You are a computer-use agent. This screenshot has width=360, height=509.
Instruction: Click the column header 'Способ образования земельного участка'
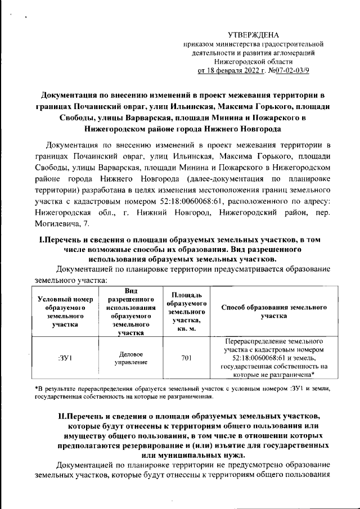pyautogui.click(x=274, y=312)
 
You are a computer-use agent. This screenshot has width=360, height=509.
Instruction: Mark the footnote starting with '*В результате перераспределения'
pyautogui.click(x=180, y=393)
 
